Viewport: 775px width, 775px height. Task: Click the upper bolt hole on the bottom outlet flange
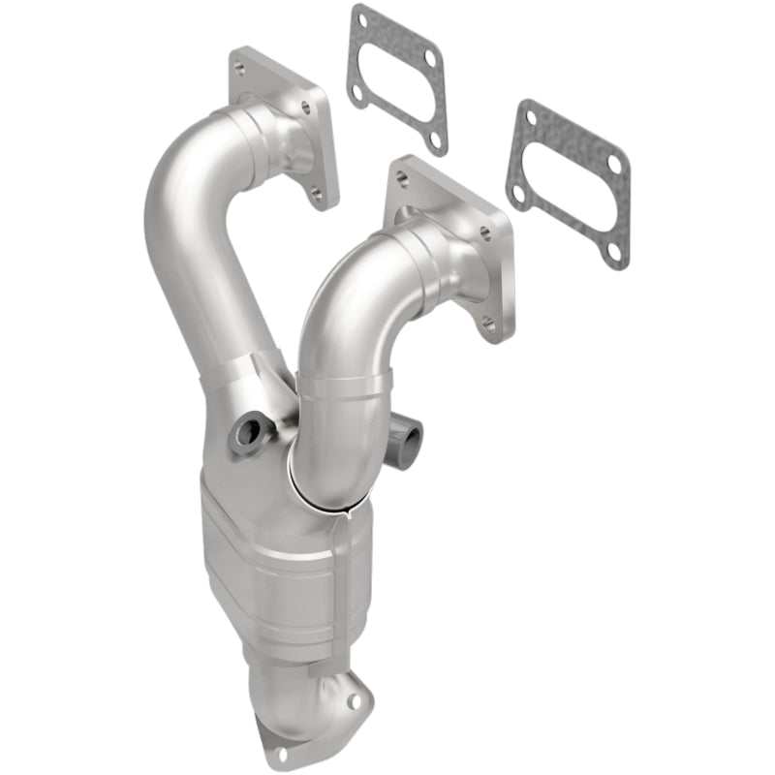pyautogui.click(x=360, y=694)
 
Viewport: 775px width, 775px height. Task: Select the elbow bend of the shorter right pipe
pyautogui.click(x=334, y=291)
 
